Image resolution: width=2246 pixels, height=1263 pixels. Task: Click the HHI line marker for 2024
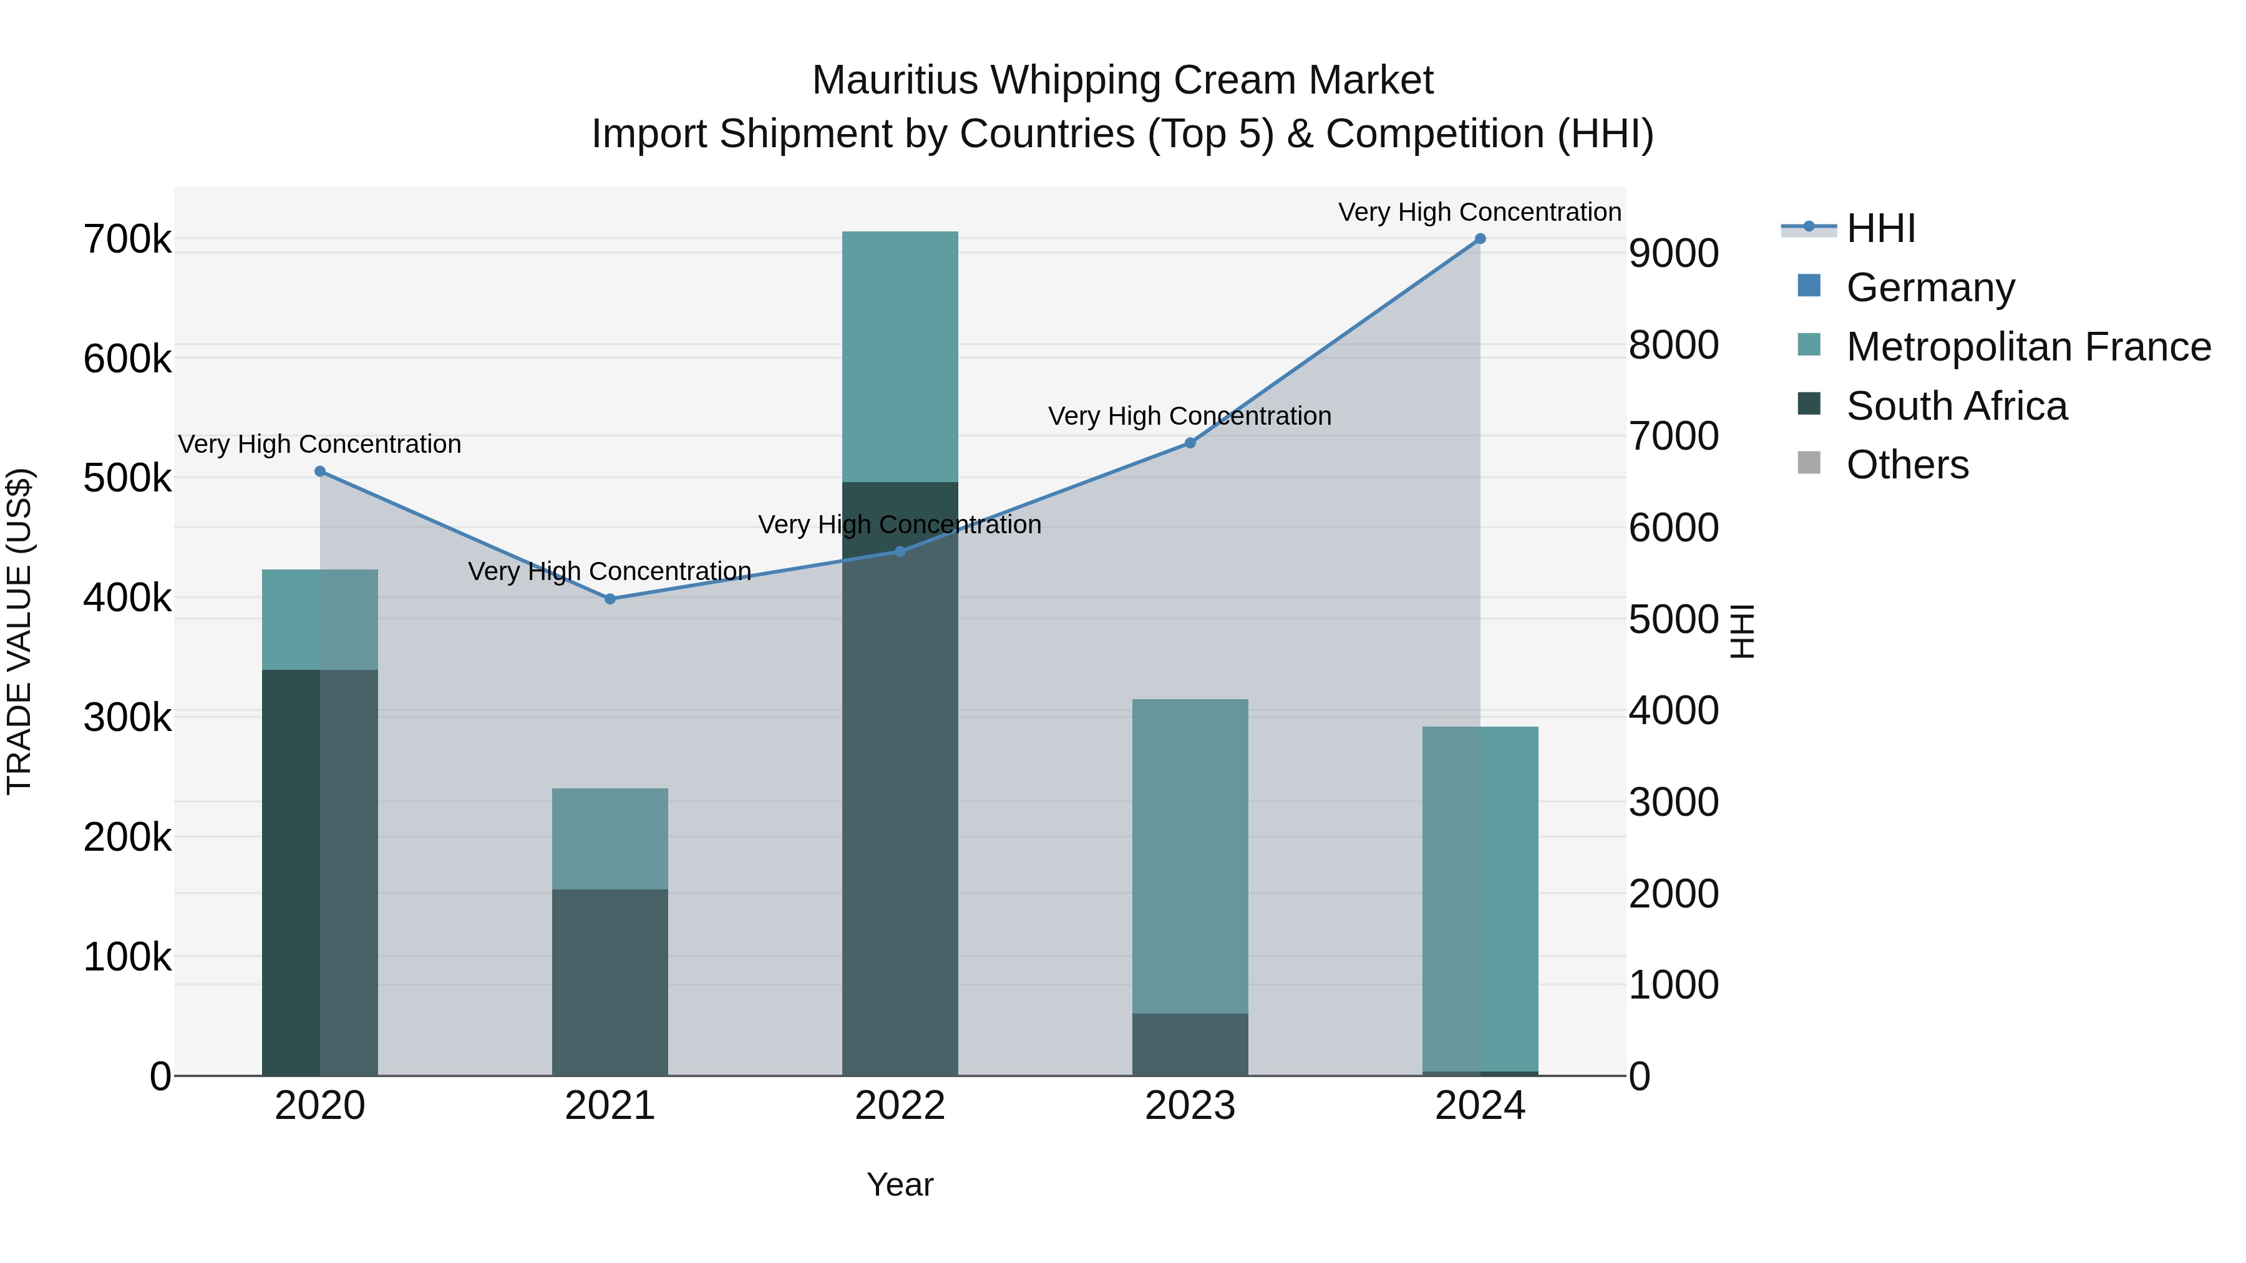coord(1480,239)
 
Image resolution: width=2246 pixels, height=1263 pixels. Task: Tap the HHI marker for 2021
coord(610,599)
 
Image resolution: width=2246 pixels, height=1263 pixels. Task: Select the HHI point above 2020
coord(320,472)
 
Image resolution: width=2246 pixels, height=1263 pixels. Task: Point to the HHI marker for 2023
coord(1189,443)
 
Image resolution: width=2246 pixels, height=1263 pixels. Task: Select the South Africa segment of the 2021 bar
coord(610,982)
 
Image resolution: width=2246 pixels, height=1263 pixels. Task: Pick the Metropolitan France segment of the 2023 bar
coord(1189,854)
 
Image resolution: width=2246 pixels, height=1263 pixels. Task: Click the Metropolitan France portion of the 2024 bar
coord(1480,898)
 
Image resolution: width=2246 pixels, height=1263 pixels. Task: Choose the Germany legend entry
coord(1930,287)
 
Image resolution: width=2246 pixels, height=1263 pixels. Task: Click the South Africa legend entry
coord(1956,405)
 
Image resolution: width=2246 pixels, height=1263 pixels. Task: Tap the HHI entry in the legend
coord(1880,228)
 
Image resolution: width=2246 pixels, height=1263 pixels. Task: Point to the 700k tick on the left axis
coord(127,239)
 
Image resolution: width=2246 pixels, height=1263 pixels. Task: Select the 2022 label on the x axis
coord(900,1106)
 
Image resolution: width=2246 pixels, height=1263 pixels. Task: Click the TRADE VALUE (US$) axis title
coord(19,631)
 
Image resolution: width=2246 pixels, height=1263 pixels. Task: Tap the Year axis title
coord(900,1184)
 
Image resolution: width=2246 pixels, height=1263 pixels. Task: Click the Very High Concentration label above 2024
coord(1480,212)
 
